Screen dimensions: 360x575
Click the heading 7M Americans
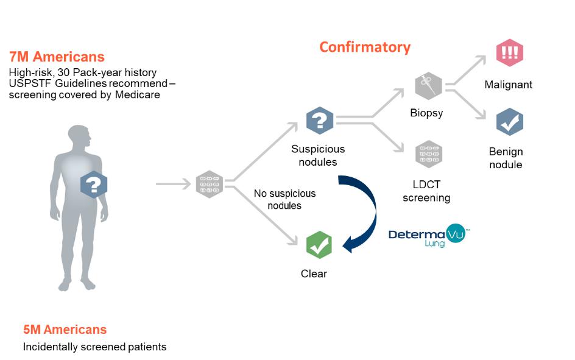pyautogui.click(x=57, y=57)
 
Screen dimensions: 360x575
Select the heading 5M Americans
pyautogui.click(x=65, y=330)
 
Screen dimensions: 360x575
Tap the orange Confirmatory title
pyautogui.click(x=365, y=47)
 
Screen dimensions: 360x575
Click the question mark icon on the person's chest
pyautogui.click(x=94, y=185)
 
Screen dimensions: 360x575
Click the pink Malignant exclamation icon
pyautogui.click(x=509, y=53)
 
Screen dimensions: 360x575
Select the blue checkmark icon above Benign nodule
pyautogui.click(x=509, y=122)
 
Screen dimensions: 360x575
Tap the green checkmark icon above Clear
pyautogui.click(x=319, y=245)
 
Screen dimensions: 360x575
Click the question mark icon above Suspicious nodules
pyautogui.click(x=320, y=119)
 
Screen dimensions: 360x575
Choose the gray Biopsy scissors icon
pyautogui.click(x=428, y=86)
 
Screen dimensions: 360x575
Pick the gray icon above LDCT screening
pyautogui.click(x=428, y=154)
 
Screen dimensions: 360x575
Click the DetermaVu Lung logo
pyautogui.click(x=429, y=235)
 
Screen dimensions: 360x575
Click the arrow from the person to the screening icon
pyautogui.click(x=173, y=183)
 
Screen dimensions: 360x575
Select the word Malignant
pyautogui.click(x=509, y=85)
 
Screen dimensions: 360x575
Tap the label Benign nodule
pyautogui.click(x=506, y=158)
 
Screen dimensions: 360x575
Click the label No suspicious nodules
pyautogui.click(x=284, y=199)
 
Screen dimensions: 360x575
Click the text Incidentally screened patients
pyautogui.click(x=94, y=347)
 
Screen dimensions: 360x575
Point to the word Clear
pyautogui.click(x=314, y=274)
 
